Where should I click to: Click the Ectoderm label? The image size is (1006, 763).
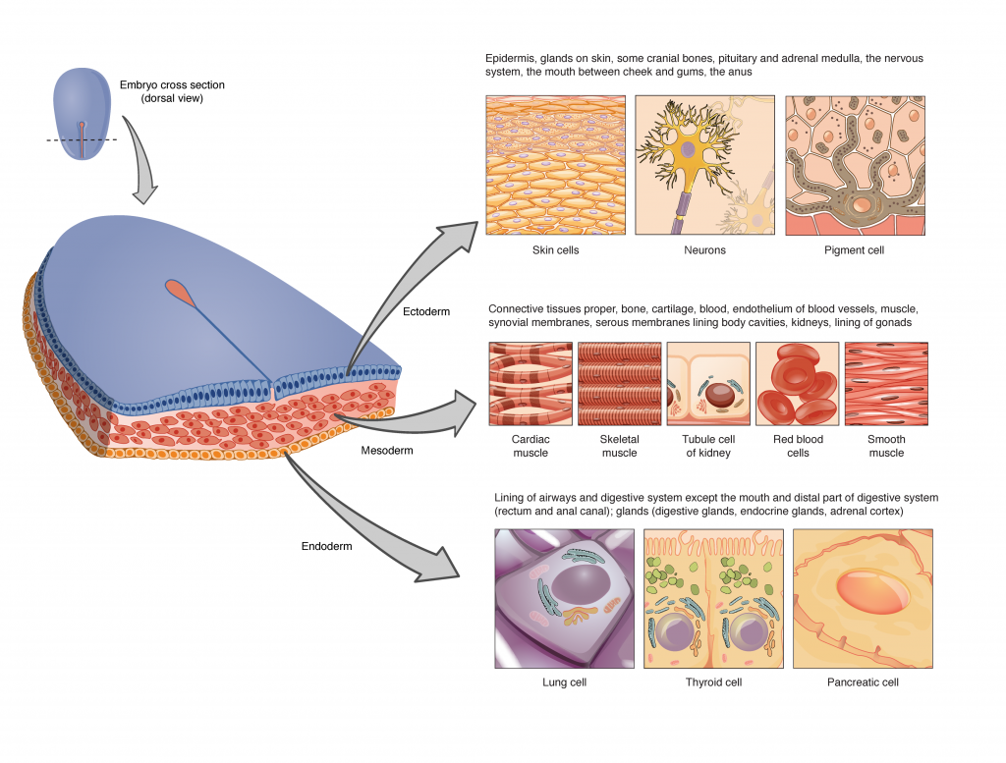tap(426, 311)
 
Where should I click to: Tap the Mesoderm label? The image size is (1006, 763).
tap(386, 451)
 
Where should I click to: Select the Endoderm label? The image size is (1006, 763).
tap(328, 546)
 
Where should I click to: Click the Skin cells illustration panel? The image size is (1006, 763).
tap(555, 165)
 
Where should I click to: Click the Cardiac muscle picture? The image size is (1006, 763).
tap(531, 384)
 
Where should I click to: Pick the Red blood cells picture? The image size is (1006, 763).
tap(797, 384)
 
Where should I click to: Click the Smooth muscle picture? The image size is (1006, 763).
tap(886, 384)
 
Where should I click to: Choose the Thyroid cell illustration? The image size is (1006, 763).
tap(713, 598)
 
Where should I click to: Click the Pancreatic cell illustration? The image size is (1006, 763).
tap(863, 598)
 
